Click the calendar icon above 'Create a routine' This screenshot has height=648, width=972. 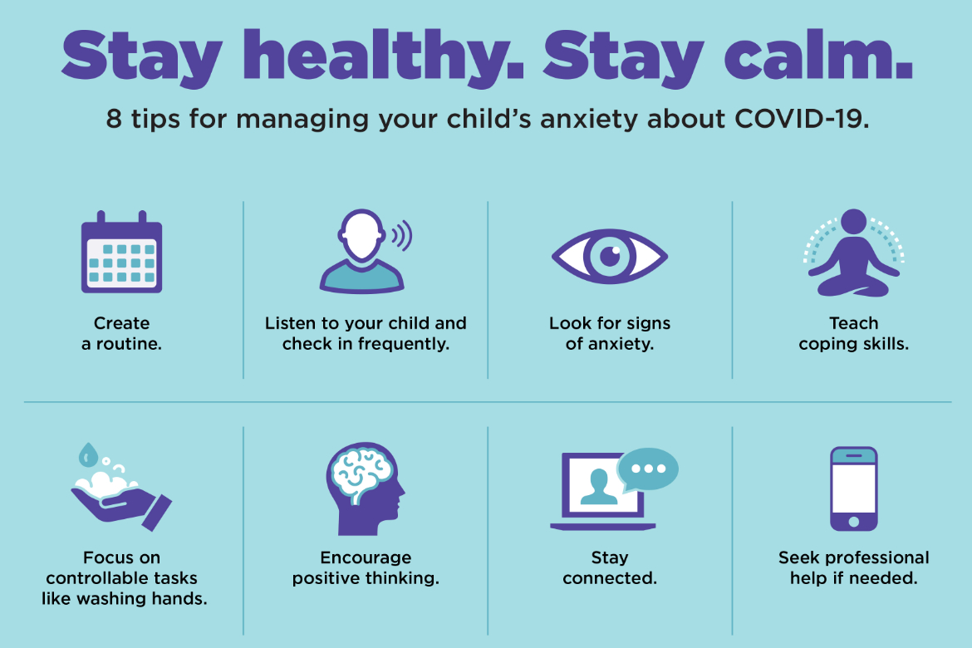[121, 252]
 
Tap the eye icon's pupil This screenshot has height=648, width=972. [610, 256]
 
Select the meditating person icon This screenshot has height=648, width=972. [853, 253]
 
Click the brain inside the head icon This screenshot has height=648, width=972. [362, 475]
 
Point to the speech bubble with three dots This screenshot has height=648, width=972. [648, 469]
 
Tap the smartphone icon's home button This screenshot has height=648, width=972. [853, 522]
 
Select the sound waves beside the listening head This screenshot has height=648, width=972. [402, 236]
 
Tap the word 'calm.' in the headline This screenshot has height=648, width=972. [818, 56]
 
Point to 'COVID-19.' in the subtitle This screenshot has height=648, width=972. [802, 119]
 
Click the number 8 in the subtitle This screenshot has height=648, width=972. [114, 119]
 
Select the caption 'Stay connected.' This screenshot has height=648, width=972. [609, 567]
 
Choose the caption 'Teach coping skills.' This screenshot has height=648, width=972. [853, 333]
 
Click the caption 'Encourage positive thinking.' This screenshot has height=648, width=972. [366, 567]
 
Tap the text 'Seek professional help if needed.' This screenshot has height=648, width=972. [853, 567]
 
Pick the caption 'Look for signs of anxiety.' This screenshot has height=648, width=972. [609, 333]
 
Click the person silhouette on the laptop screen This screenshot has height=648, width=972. [599, 488]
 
